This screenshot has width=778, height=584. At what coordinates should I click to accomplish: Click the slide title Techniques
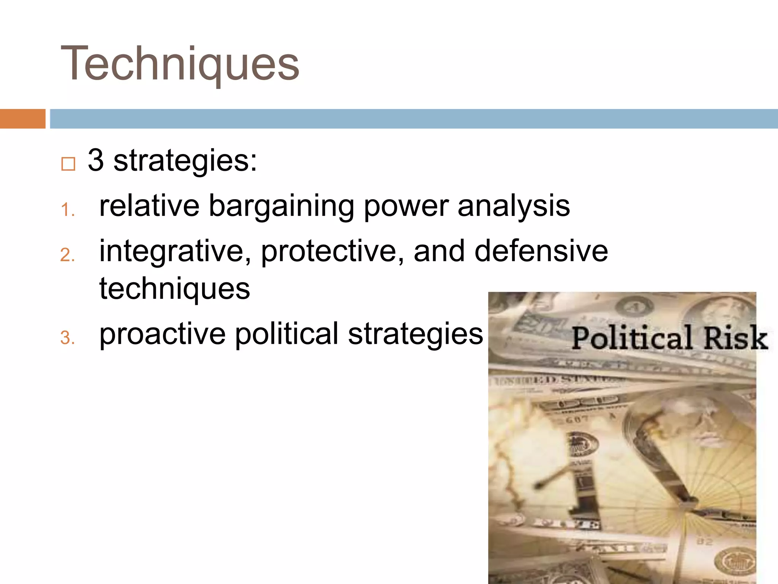(x=180, y=64)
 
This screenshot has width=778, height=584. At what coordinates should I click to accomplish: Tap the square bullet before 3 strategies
(x=68, y=164)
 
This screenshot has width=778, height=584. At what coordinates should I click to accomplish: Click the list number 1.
(x=68, y=210)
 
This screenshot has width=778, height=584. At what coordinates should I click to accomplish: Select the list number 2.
(x=68, y=255)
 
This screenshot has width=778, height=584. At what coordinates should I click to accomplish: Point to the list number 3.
(x=68, y=338)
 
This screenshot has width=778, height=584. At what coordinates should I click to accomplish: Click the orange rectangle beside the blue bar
(x=22, y=119)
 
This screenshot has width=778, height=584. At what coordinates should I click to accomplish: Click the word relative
(x=149, y=206)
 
